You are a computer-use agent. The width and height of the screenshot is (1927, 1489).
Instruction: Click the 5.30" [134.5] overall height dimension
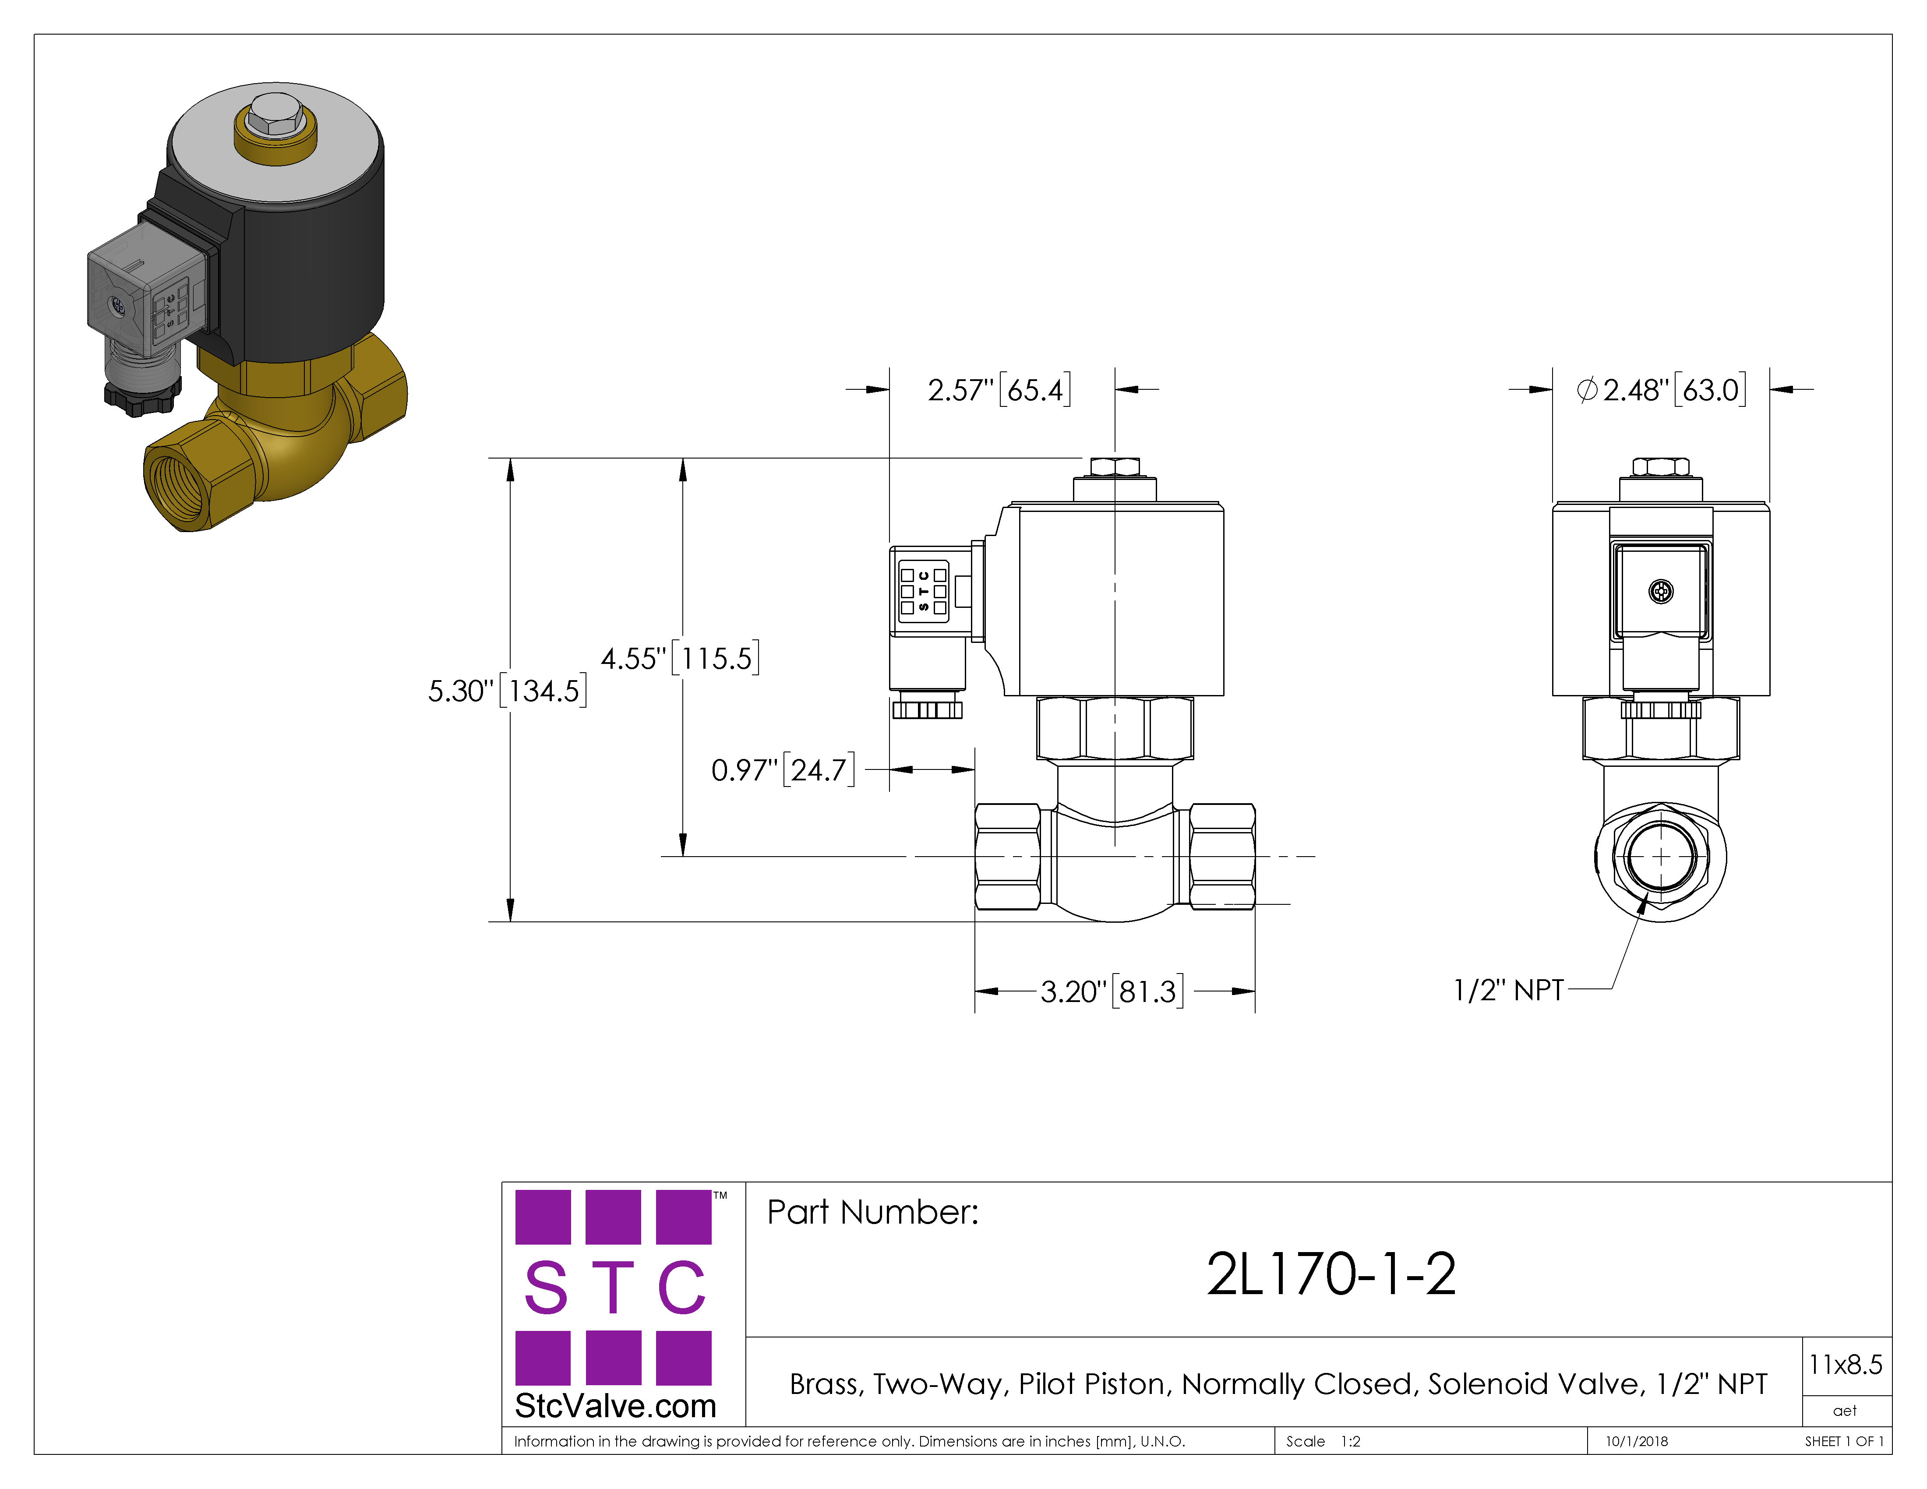click(507, 691)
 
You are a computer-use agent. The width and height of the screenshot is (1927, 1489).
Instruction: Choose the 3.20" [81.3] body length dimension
click(1112, 991)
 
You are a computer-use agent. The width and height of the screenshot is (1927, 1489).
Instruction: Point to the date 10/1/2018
click(1637, 1441)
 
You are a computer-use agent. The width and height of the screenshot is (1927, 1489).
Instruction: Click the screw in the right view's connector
click(1661, 592)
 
